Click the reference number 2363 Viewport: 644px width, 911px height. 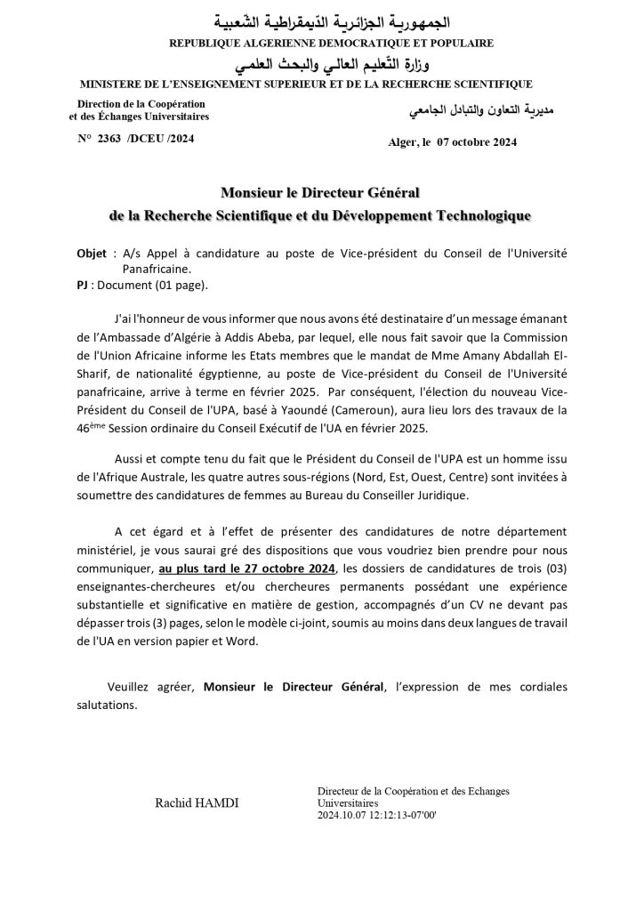108,139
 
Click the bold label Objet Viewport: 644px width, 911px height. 93,254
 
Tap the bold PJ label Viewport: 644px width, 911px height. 83,286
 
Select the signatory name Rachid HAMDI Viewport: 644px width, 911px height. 197,802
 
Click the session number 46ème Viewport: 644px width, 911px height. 92,428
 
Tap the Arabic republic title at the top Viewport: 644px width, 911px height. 322,20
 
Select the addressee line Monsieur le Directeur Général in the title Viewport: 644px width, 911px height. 320,192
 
